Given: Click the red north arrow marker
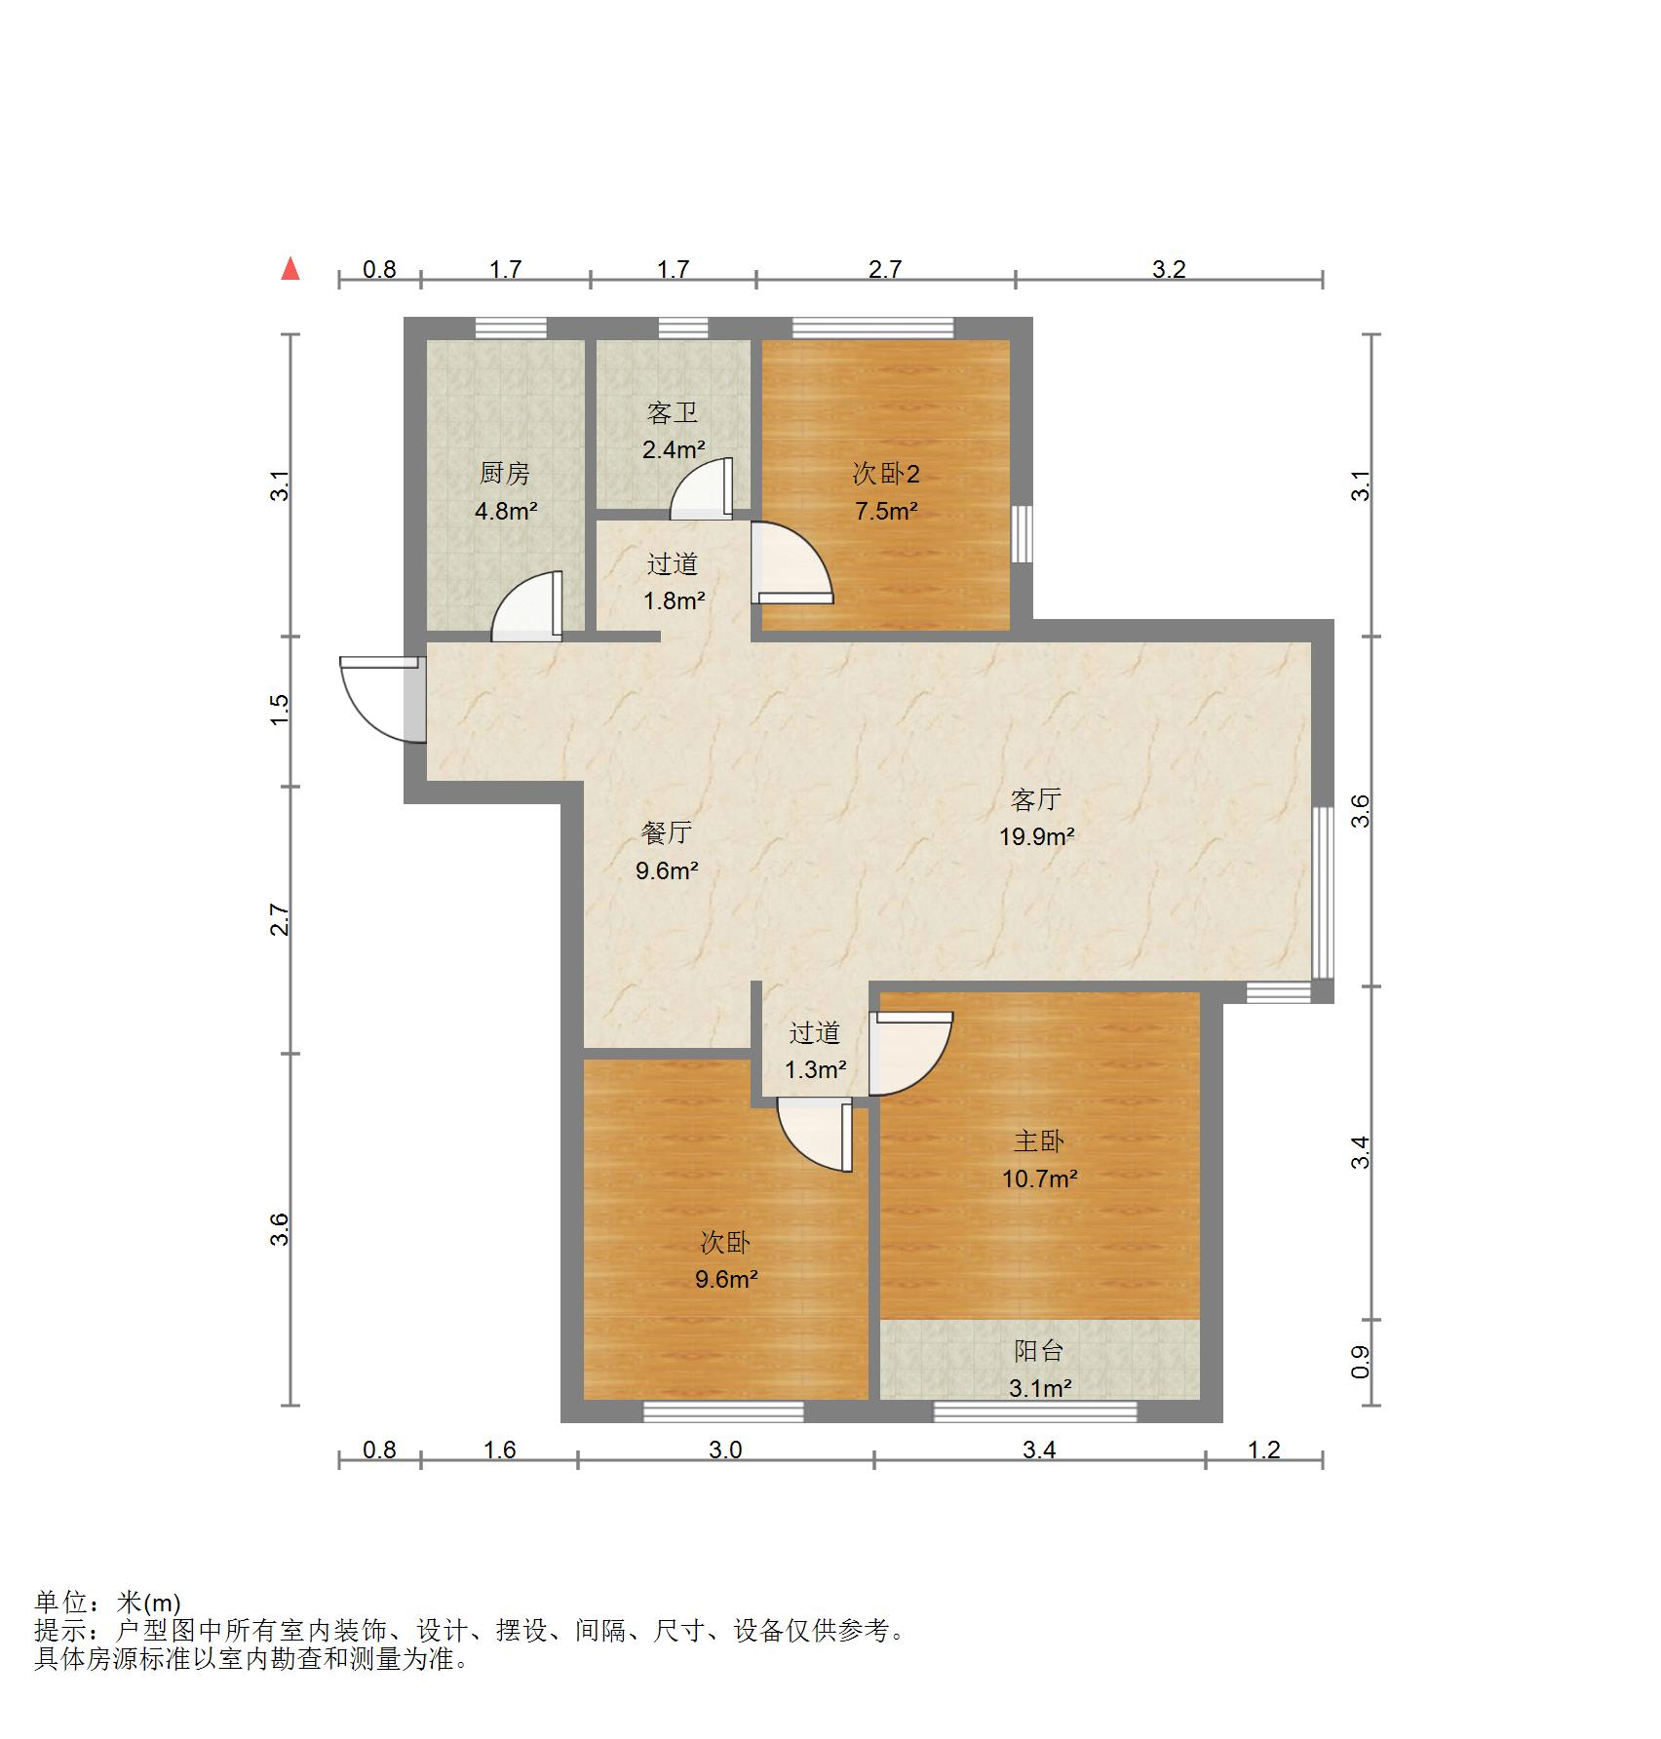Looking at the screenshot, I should (290, 268).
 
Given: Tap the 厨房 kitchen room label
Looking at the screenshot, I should (505, 474).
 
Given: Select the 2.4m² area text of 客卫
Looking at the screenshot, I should (673, 449).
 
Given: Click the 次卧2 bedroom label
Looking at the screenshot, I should (885, 474).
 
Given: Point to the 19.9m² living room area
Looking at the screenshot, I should (1036, 835).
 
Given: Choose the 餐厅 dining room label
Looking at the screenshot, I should (667, 832).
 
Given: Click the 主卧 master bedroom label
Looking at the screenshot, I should (1038, 1140).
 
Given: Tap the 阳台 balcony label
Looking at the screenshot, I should (1038, 1351).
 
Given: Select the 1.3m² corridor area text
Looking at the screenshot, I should (815, 1069).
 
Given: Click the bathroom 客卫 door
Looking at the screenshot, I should (702, 489).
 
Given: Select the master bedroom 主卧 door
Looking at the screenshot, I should (911, 1053).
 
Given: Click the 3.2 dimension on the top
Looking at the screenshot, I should (1168, 269).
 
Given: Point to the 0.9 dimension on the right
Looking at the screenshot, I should (1361, 1362).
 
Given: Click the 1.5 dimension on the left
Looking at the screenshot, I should (280, 709).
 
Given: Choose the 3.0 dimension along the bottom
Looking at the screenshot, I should (725, 1449).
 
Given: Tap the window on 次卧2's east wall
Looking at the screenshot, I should (1022, 533).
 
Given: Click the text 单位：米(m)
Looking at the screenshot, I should (107, 1602).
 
